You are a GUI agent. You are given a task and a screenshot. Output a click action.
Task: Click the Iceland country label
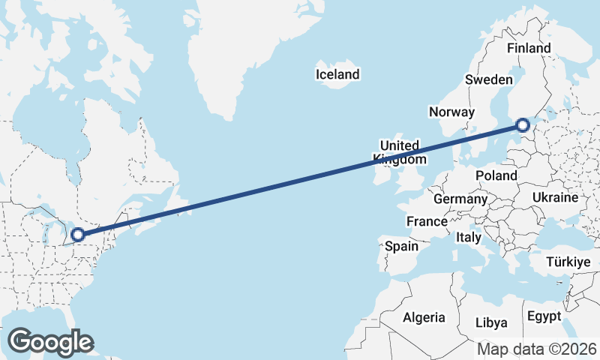[337, 74]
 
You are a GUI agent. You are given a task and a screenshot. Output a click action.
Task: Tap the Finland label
[529, 48]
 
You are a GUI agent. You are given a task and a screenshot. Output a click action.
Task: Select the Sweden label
[488, 79]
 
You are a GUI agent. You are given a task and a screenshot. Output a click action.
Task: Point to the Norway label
[451, 112]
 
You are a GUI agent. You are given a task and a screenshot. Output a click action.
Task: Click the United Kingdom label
[400, 152]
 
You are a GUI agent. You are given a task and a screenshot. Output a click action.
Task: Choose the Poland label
[496, 175]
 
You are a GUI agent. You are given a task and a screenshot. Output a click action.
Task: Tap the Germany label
[460, 199]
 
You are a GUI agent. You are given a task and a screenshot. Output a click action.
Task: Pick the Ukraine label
[555, 197]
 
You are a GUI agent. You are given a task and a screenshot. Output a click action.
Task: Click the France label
[427, 222]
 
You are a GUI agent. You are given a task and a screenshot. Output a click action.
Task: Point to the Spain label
[401, 245]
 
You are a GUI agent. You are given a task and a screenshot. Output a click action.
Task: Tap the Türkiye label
[568, 262]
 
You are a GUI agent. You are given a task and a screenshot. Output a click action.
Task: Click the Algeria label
[424, 317]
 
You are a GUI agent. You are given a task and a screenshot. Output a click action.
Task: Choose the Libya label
[491, 322]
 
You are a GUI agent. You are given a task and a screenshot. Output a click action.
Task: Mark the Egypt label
[543, 316]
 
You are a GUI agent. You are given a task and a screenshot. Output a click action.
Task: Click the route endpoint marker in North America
[76, 235]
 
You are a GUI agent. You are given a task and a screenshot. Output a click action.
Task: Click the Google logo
[50, 342]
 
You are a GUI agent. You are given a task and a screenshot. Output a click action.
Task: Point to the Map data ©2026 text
[537, 349]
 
